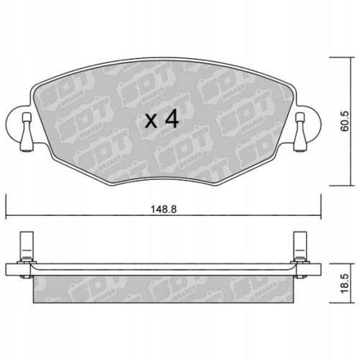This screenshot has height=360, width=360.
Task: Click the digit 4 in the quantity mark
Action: [170, 120]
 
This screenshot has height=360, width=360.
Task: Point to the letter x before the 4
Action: [150, 121]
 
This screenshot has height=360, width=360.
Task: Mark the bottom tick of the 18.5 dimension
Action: [338, 303]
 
